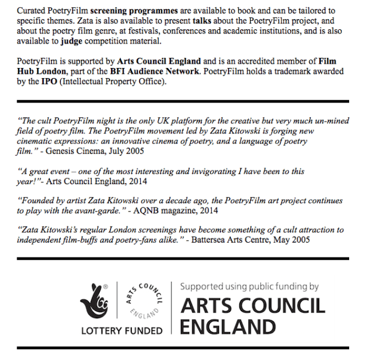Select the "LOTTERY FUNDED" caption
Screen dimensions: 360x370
pos(122,330)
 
